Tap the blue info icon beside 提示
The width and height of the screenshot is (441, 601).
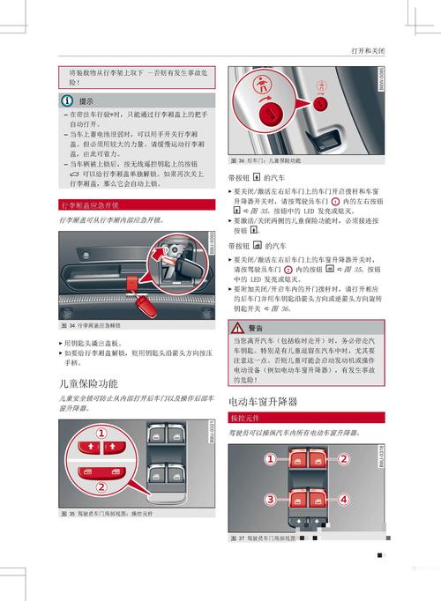(x=67, y=100)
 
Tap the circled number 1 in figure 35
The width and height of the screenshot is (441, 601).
(x=102, y=434)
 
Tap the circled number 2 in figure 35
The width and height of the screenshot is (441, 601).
(x=102, y=486)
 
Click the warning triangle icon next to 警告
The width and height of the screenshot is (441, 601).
(x=237, y=328)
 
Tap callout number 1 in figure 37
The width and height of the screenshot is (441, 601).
(x=270, y=458)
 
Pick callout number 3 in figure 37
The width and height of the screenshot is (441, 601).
(x=270, y=500)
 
